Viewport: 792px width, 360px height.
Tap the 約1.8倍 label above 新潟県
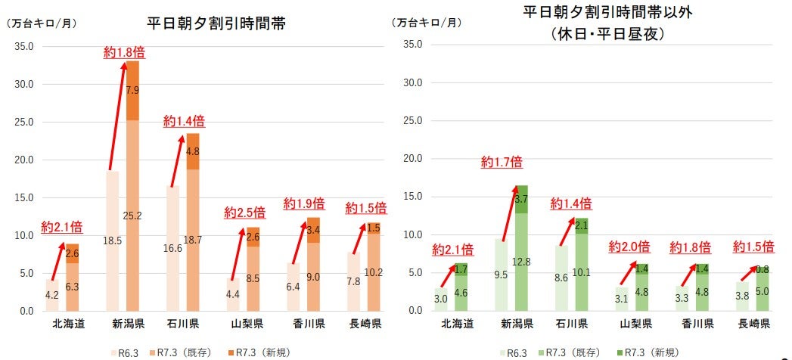(x=124, y=52)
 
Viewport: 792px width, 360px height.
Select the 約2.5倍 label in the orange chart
(x=244, y=212)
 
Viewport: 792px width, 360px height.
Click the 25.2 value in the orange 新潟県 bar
(x=132, y=216)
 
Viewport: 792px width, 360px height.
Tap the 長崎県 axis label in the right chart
(x=754, y=324)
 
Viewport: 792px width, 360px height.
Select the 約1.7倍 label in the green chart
(x=501, y=161)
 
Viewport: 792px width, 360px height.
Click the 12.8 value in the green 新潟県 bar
(x=521, y=262)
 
